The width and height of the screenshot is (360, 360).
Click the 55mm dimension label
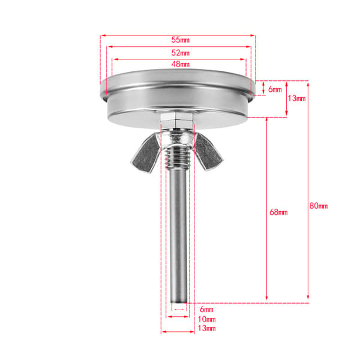tap(181, 40)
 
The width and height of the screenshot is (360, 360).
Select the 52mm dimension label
tap(181, 53)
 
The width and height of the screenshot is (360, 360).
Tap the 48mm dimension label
tap(181, 64)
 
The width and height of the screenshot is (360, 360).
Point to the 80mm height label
tap(319, 206)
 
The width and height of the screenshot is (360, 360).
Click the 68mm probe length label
tap(278, 212)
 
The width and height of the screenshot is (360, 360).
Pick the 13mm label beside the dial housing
tap(297, 98)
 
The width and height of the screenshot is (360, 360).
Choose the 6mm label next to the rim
tap(275, 89)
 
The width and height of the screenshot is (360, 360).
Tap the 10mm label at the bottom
tap(206, 319)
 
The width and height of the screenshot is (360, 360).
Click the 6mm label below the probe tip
tap(206, 310)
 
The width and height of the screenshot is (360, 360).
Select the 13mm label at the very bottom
tap(206, 328)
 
